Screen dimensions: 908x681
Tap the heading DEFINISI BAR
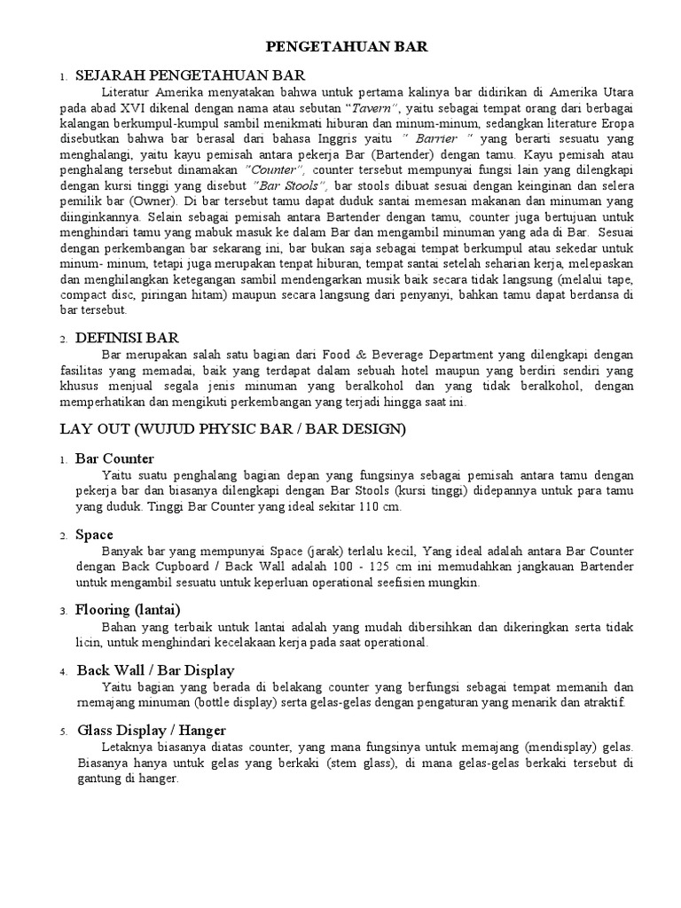[x=128, y=337]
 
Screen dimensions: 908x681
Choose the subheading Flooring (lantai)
[x=128, y=611]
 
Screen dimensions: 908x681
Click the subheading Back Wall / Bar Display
[x=155, y=669]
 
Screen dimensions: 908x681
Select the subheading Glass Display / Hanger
[x=151, y=730]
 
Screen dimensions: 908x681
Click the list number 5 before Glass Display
[x=63, y=732]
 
